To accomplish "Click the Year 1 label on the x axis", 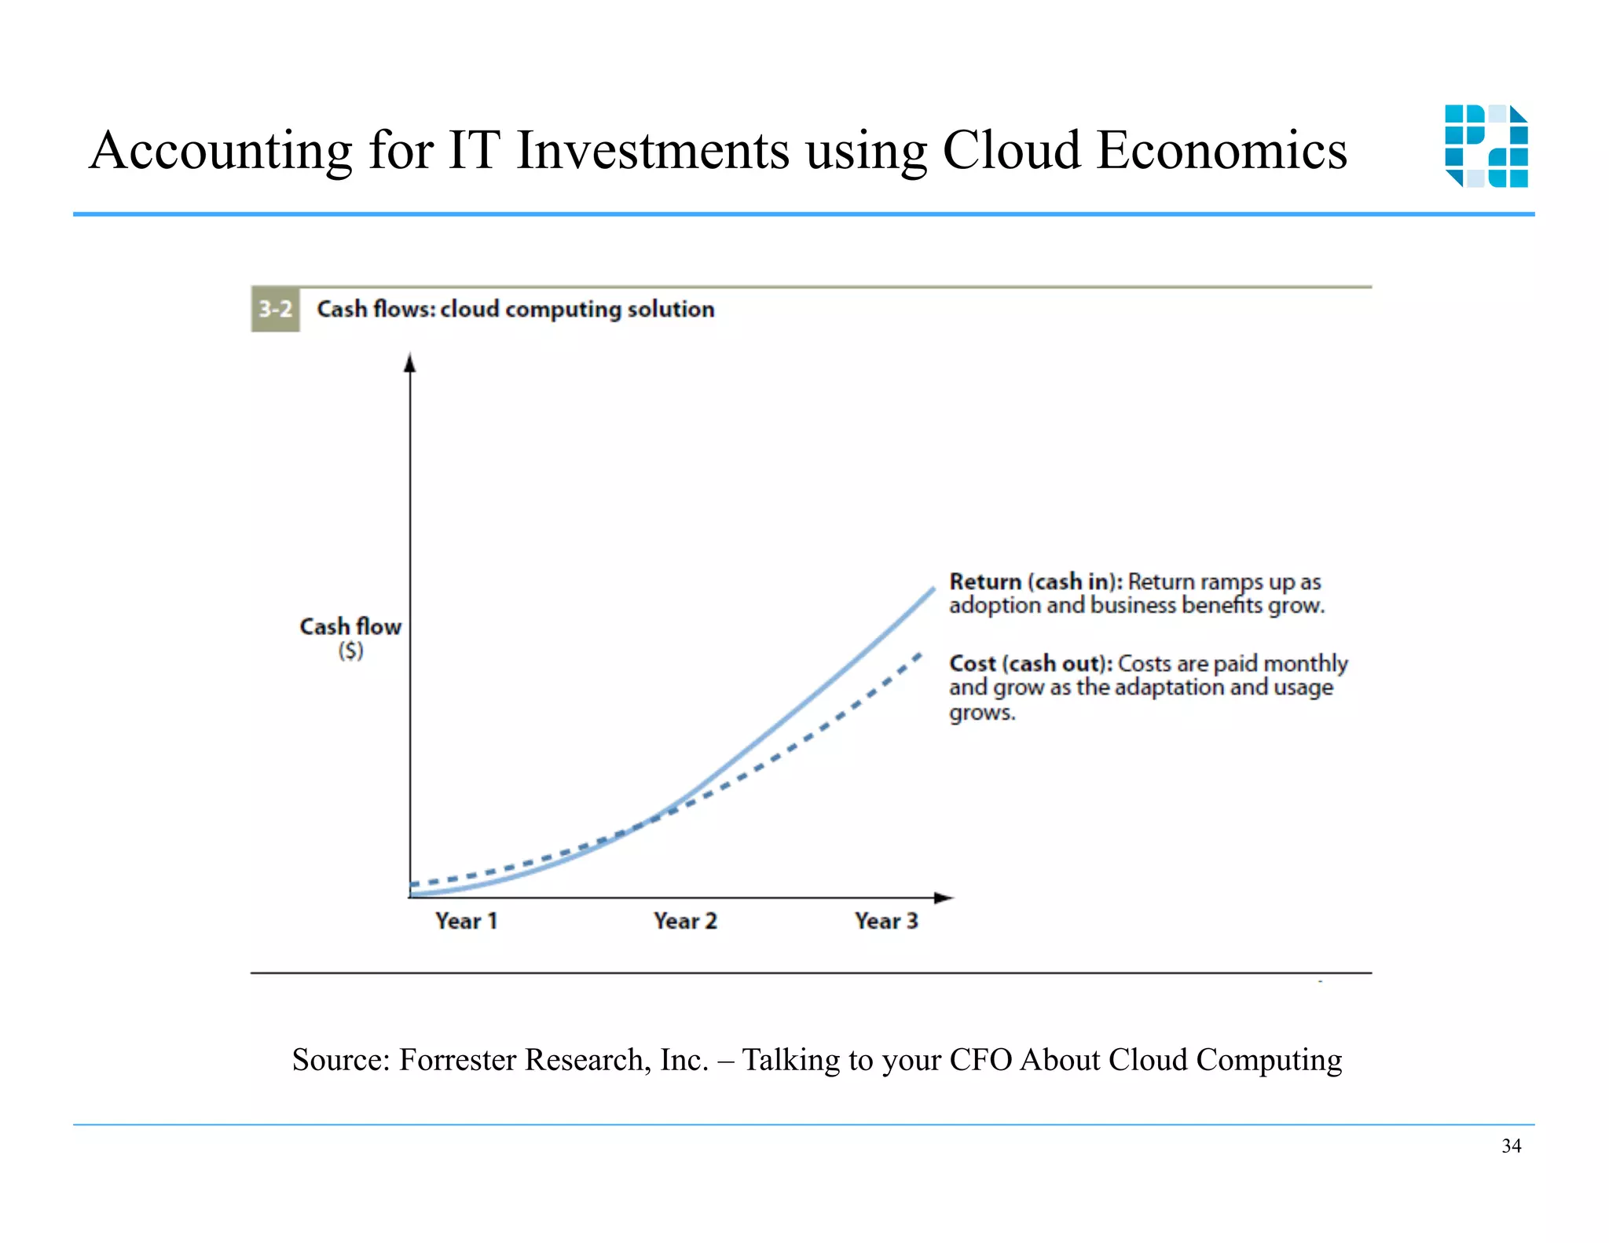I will [x=467, y=921].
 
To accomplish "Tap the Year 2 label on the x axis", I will [x=685, y=921].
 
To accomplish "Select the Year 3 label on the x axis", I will [x=886, y=921].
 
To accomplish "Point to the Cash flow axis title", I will [x=350, y=626].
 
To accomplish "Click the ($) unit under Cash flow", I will [x=351, y=651].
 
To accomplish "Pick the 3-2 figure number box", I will [x=275, y=310].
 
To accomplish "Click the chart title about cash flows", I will [x=515, y=310].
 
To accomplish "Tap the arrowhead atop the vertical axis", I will [x=409, y=362].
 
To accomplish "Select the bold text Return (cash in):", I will [x=1035, y=582].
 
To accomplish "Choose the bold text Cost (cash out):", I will [x=1031, y=664].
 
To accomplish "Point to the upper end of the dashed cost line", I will [x=919, y=654].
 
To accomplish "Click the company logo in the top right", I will [x=1486, y=146].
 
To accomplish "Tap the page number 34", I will [x=1511, y=1146].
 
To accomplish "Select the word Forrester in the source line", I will [x=461, y=1060].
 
